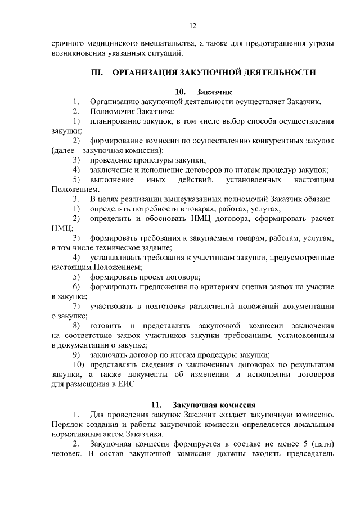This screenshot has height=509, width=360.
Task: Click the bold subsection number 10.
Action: point(180,92)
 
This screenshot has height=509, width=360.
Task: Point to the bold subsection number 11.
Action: point(157,404)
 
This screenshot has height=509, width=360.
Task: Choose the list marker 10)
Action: point(78,364)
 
